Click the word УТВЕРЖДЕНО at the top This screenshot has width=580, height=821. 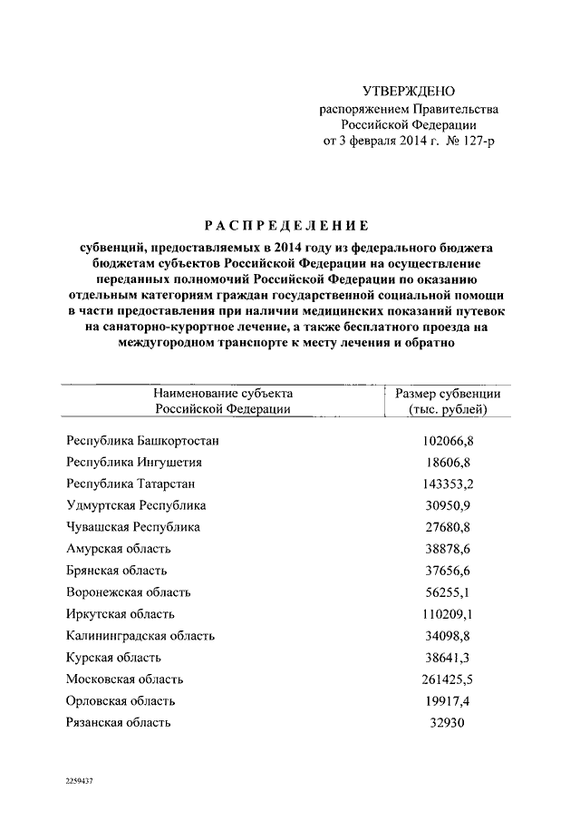(x=408, y=92)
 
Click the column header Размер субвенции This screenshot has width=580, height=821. (x=448, y=394)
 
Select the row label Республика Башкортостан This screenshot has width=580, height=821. (x=143, y=441)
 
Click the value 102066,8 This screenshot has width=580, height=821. (x=449, y=441)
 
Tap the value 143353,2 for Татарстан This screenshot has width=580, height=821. (x=449, y=484)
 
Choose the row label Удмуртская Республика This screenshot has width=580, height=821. (x=136, y=505)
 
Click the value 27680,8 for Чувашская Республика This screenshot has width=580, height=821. (x=449, y=527)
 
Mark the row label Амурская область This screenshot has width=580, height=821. (x=118, y=549)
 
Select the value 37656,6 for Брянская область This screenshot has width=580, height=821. (x=449, y=571)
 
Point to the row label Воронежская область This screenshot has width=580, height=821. (x=128, y=592)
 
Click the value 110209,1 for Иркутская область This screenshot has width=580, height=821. (x=449, y=614)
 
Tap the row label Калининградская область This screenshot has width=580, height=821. (x=141, y=636)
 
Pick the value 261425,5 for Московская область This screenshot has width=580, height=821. (x=449, y=679)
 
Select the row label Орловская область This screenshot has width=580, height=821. (x=121, y=701)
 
